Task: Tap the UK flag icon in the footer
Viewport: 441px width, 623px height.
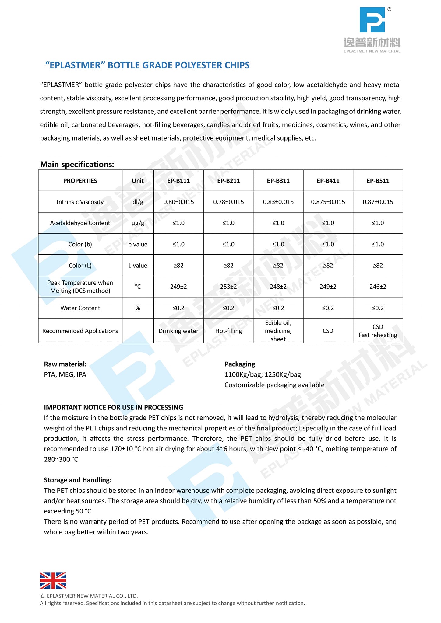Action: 53,580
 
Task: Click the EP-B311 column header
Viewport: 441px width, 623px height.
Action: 278,181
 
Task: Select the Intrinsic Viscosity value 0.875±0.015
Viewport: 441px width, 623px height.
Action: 328,202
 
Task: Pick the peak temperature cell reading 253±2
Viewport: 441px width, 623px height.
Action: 228,287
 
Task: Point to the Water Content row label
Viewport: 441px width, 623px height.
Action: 80,308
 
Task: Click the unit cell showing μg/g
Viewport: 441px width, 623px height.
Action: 138,223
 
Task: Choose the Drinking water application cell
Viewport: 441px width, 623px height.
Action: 178,331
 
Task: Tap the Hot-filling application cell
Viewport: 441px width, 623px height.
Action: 228,331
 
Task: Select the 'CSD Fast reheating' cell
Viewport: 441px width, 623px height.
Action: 378,331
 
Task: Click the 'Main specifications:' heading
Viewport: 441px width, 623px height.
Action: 77,164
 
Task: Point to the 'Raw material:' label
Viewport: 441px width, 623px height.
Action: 65,364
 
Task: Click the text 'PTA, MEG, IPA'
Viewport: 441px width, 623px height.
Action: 65,374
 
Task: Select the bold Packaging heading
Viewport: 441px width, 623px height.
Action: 240,364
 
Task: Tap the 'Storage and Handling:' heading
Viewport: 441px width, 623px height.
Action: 78,480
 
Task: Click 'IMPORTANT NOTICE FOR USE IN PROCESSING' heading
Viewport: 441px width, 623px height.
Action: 113,407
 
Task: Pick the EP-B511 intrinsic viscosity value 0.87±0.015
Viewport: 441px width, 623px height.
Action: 378,202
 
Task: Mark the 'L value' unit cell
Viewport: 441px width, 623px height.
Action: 138,266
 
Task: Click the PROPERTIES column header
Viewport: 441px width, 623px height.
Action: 80,181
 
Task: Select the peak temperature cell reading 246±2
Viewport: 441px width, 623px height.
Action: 378,287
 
